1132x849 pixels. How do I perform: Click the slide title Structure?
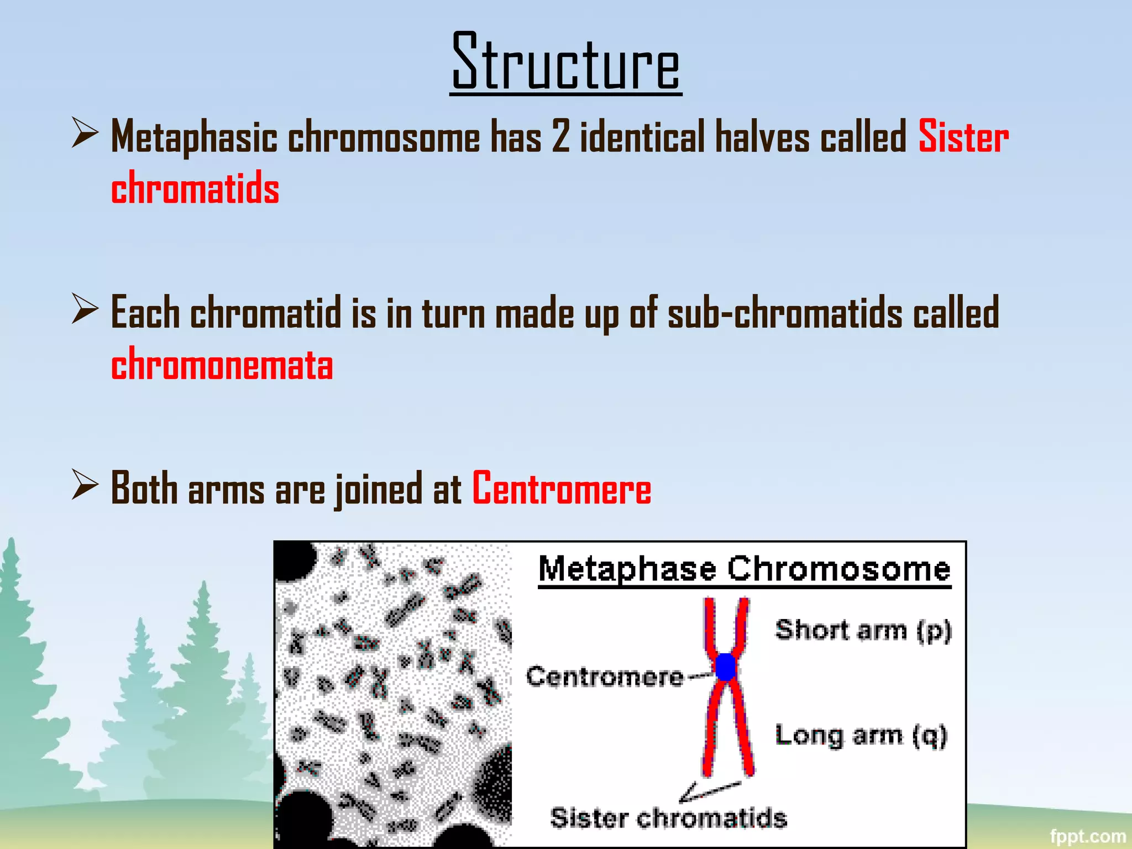tap(566, 62)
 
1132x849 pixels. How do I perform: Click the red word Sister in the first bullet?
tap(963, 137)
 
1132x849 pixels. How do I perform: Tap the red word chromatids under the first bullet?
tap(195, 188)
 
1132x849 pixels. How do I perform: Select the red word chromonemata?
tap(222, 365)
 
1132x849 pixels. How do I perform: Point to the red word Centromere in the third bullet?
tap(562, 489)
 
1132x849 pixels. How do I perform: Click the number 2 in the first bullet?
tap(560, 137)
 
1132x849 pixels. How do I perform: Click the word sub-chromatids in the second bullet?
tap(784, 313)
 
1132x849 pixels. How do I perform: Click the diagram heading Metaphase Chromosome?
tap(744, 569)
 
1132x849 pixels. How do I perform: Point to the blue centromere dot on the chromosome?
tap(726, 667)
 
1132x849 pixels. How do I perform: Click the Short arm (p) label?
tap(863, 630)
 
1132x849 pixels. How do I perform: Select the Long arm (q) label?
tap(861, 735)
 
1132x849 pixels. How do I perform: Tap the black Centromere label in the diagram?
tap(605, 677)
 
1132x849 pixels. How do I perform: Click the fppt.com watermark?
tap(1087, 836)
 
